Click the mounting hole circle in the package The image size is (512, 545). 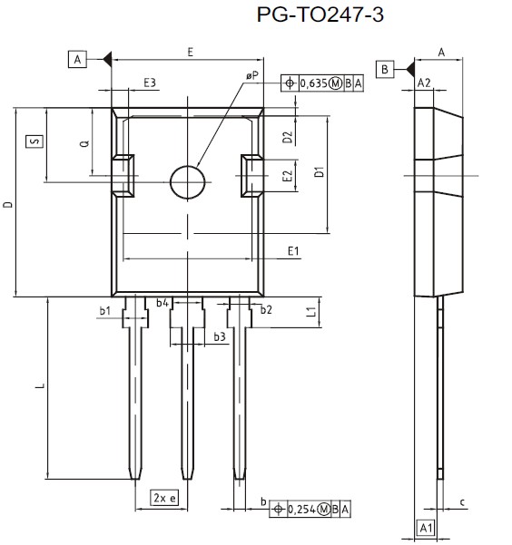188,181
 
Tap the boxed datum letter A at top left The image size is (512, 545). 77,60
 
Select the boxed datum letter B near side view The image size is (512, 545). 385,69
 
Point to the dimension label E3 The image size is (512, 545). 150,83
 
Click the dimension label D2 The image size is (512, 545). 287,137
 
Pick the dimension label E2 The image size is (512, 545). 287,177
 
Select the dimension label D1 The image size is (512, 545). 319,172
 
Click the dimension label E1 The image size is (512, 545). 293,250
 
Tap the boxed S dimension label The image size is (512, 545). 33,141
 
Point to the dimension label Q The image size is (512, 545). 84,144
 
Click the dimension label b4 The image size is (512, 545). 162,303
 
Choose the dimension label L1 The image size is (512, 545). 310,313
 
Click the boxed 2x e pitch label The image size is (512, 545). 164,498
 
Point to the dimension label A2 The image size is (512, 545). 424,83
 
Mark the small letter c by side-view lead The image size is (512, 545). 462,501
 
